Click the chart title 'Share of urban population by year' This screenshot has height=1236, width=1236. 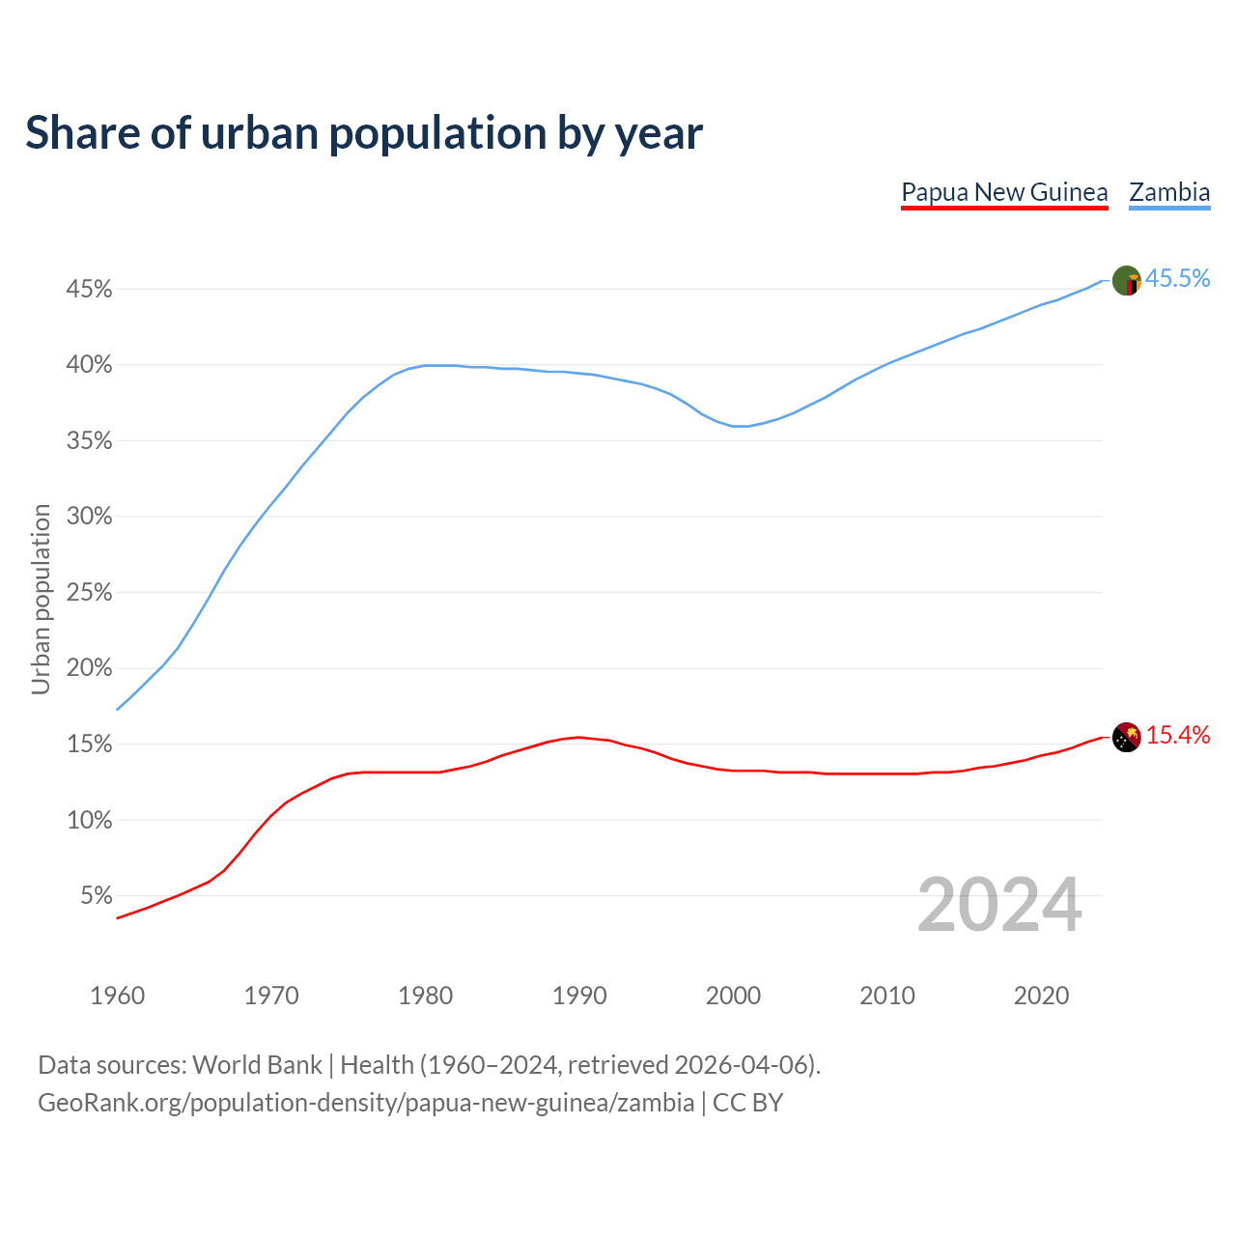[364, 133]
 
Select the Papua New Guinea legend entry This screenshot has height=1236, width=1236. [1004, 192]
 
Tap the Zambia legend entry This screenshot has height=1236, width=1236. [1169, 192]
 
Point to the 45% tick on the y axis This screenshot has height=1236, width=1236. [89, 290]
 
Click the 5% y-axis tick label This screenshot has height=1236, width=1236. [97, 896]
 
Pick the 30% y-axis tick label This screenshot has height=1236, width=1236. [89, 517]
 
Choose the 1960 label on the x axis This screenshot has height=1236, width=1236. [117, 996]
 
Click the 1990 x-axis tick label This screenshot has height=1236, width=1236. [579, 996]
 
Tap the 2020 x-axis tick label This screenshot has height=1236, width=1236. [1041, 996]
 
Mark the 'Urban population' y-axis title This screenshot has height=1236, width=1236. [41, 599]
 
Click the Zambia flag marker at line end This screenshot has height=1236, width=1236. [1127, 281]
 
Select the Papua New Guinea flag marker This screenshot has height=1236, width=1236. [1127, 738]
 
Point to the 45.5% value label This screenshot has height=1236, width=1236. [1177, 278]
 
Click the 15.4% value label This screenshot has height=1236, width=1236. [1177, 735]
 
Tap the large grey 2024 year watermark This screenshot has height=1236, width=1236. [999, 905]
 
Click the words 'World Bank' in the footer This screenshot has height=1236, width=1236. [257, 1065]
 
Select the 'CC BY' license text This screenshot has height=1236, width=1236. [747, 1103]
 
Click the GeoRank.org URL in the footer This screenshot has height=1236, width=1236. [366, 1103]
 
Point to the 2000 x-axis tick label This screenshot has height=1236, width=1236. [733, 996]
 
